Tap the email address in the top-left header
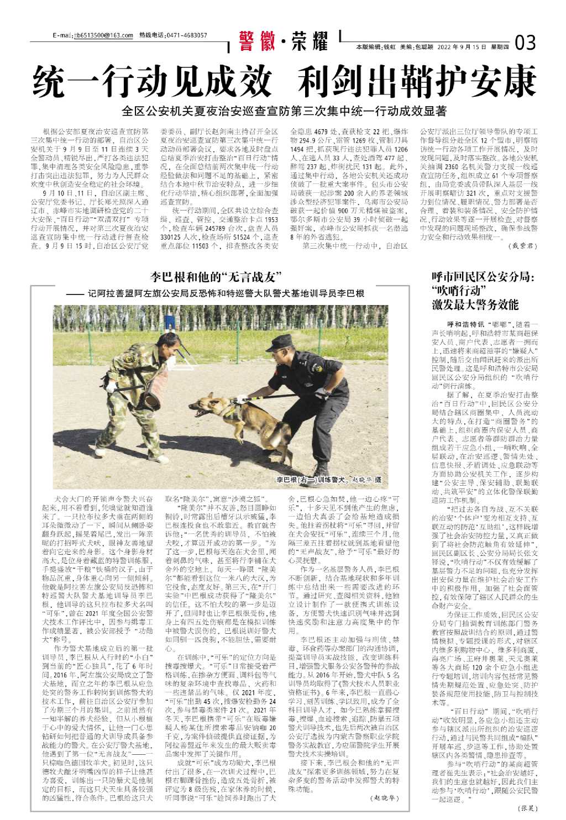click(104, 36)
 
